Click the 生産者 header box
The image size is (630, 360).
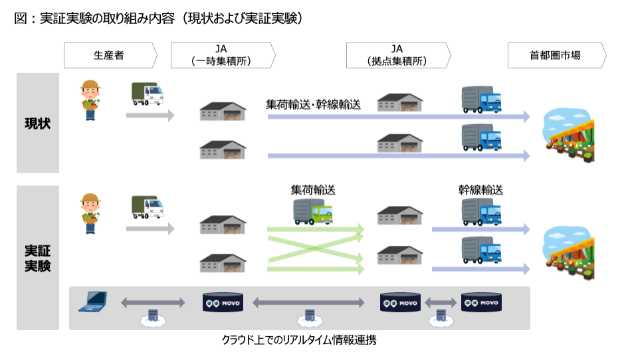110,56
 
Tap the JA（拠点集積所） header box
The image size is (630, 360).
397,56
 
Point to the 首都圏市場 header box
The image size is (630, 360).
556,56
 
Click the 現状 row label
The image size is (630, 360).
37,124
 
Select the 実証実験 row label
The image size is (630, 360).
37,258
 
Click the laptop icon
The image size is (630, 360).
93,303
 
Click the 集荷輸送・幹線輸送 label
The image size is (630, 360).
313,104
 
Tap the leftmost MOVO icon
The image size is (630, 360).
223,303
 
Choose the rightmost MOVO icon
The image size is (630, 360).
480,303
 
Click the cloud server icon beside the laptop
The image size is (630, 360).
152,317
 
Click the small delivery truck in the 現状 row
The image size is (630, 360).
146,94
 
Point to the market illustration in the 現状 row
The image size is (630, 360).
568,136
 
